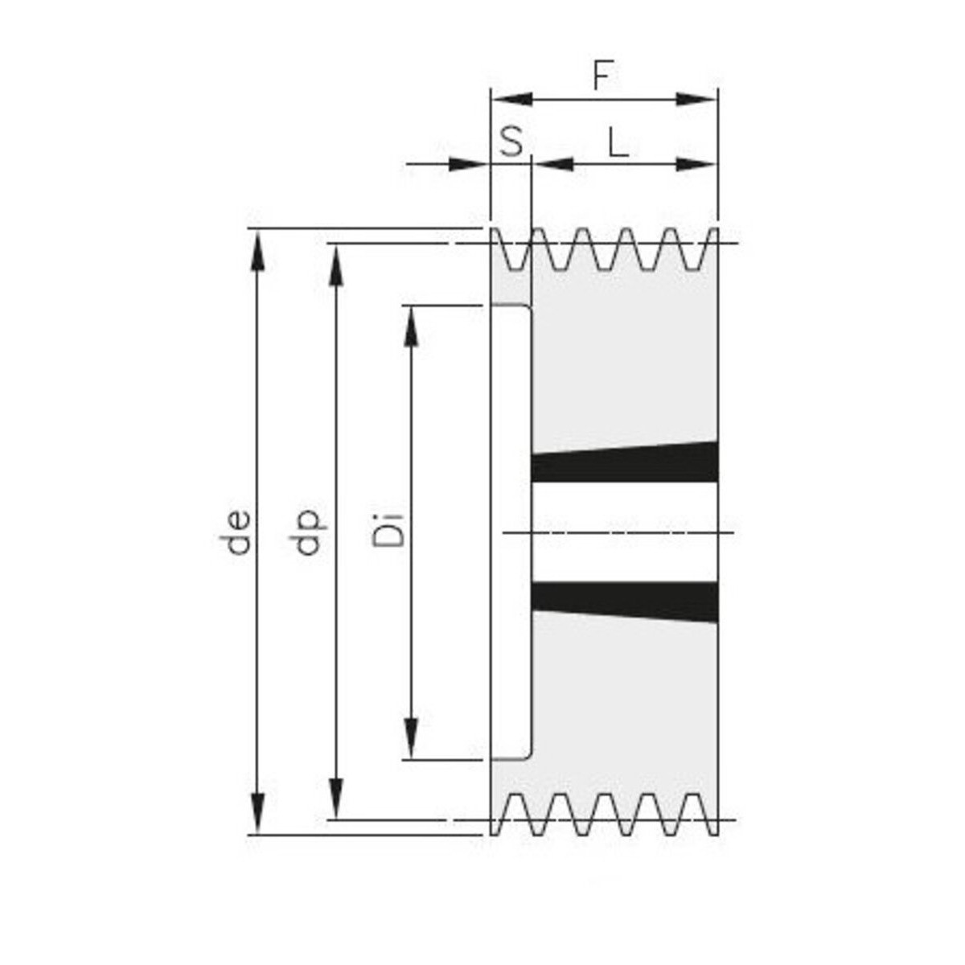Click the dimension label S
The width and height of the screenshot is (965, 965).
511,142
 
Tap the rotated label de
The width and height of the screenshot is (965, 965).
238,532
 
